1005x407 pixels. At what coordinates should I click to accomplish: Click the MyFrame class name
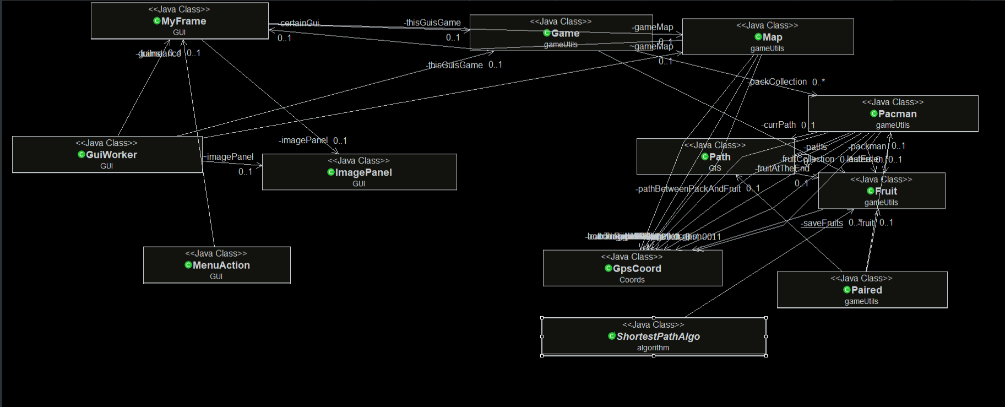pos(183,21)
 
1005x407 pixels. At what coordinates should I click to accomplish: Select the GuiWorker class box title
pos(111,155)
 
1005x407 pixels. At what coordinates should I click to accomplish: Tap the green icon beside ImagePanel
pos(331,172)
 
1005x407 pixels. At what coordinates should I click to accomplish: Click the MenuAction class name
pos(221,265)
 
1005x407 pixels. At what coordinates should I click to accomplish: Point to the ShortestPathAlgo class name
pos(658,337)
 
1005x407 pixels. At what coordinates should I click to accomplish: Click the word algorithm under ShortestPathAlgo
pos(653,348)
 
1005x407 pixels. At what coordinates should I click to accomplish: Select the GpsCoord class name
pos(637,268)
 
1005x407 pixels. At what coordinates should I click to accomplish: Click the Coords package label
pos(632,280)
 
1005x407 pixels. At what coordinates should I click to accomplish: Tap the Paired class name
pos(866,290)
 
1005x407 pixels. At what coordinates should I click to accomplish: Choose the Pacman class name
pos(897,114)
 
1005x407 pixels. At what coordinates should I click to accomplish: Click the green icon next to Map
pos(758,37)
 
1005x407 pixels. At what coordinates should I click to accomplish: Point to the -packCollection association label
pos(779,82)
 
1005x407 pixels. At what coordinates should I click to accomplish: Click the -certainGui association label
pos(299,23)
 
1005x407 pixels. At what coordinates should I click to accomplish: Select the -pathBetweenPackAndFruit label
pos(688,189)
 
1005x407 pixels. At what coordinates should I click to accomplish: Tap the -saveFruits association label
pos(822,223)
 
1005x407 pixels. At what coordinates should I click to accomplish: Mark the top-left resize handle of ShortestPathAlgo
pos(542,318)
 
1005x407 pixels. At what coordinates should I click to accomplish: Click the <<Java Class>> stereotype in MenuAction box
pos(216,253)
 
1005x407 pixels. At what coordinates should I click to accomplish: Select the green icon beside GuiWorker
pos(82,155)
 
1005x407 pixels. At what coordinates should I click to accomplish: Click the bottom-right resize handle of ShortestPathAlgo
pos(766,355)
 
